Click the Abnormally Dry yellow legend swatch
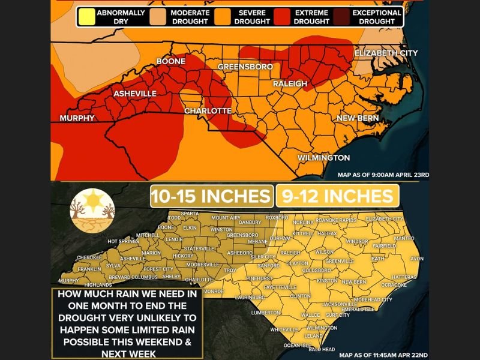pos(86,16)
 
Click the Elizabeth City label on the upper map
pos(386,53)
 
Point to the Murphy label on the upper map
pos(77,118)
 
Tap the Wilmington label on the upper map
pos(323,158)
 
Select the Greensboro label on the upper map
pos(245,67)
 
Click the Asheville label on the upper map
pos(135,94)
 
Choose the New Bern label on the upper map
pos(357,119)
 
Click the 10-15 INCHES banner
pos(211,196)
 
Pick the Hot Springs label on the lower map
pos(123,241)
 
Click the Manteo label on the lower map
pos(403,238)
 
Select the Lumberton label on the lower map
pos(265,313)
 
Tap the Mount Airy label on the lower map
pos(226,217)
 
